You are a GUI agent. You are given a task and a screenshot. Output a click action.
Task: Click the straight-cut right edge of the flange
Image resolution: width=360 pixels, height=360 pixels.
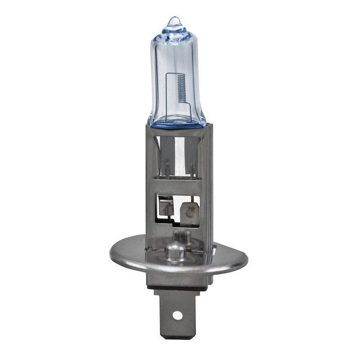coord(243,256)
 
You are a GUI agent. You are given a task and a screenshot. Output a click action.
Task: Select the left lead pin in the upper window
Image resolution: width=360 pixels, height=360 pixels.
coord(167,171)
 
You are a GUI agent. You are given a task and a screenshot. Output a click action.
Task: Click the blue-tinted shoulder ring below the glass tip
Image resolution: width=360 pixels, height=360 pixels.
coord(173,31)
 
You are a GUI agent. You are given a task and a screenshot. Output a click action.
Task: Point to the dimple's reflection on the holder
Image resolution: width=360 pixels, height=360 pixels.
coord(180,234)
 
